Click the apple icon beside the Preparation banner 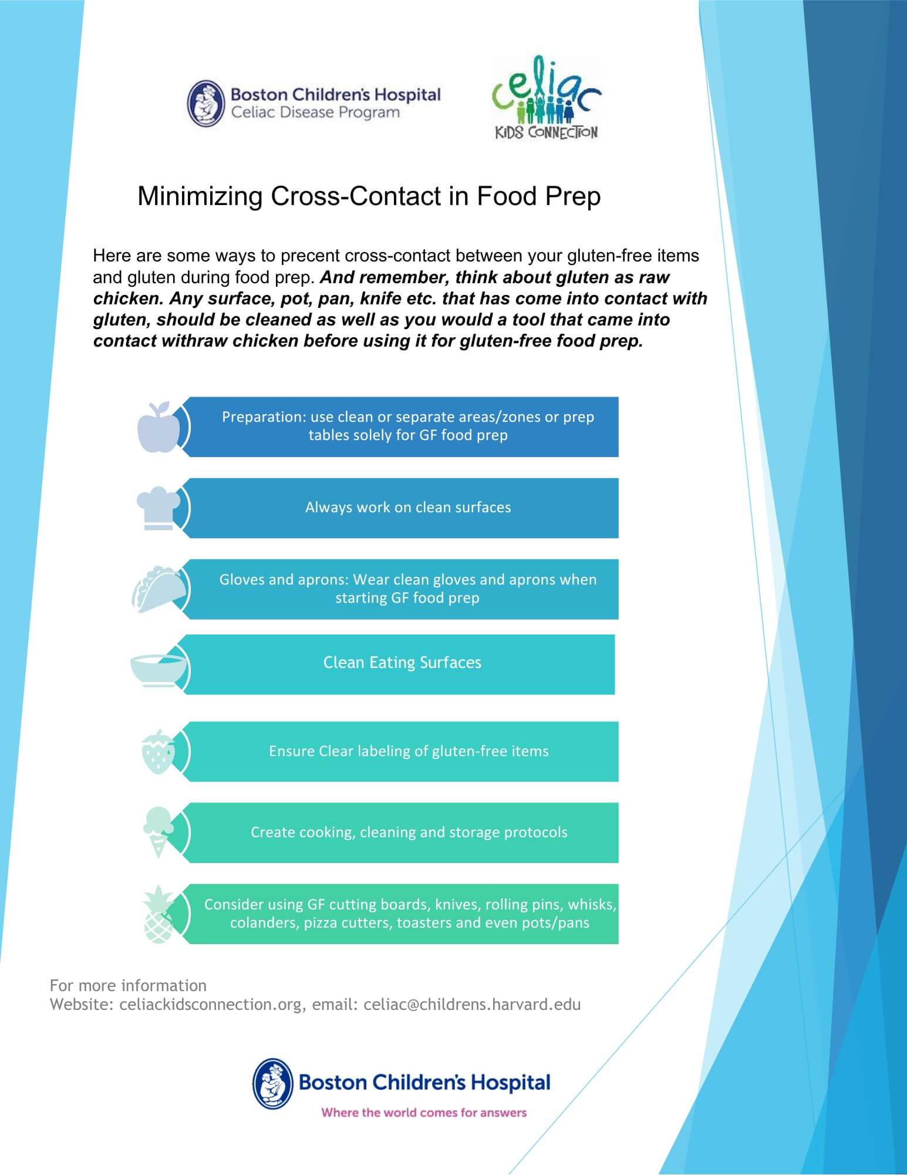click(x=157, y=428)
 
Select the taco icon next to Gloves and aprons click(x=157, y=590)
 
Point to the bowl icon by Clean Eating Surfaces click(x=157, y=668)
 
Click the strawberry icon click(x=158, y=752)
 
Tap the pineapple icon click(x=158, y=914)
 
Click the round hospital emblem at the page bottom click(x=273, y=1083)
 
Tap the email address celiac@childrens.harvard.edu click(x=472, y=1004)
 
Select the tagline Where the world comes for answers click(x=424, y=1112)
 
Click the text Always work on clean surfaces click(x=408, y=508)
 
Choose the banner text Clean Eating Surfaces click(x=402, y=663)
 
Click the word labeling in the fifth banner click(x=392, y=751)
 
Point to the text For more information click(x=128, y=985)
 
